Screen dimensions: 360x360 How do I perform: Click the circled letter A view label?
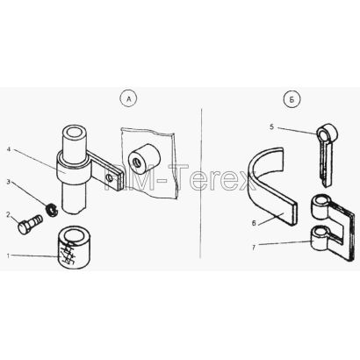click(128, 99)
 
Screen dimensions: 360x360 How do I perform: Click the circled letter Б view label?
click(292, 100)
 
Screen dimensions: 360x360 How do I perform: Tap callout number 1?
click(9, 256)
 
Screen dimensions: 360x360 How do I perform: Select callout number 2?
click(9, 214)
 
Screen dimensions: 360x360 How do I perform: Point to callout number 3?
click(9, 182)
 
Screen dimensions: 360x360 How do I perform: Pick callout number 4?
click(9, 149)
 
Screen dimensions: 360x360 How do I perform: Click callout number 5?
click(272, 127)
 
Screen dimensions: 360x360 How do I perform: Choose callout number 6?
click(254, 223)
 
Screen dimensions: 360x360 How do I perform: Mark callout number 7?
click(254, 248)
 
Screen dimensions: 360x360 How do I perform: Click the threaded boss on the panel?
click(144, 160)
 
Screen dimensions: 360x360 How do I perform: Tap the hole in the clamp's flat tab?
click(110, 177)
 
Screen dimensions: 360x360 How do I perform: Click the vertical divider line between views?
click(201, 183)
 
